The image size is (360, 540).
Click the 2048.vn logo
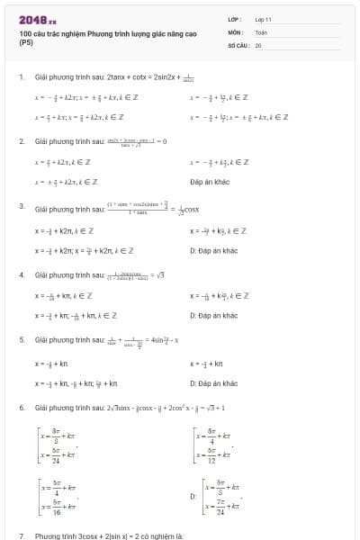point(37,20)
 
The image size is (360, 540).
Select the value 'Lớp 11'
point(263,19)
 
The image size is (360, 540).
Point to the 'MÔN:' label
point(236,31)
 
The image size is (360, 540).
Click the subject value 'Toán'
point(261,31)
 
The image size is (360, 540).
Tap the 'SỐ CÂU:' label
point(238,44)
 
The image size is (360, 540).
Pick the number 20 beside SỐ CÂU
point(258,44)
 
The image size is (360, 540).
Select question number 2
point(21,142)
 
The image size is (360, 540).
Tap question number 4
point(21,274)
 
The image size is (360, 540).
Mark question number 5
point(21,340)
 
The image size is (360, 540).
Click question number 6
point(21,408)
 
